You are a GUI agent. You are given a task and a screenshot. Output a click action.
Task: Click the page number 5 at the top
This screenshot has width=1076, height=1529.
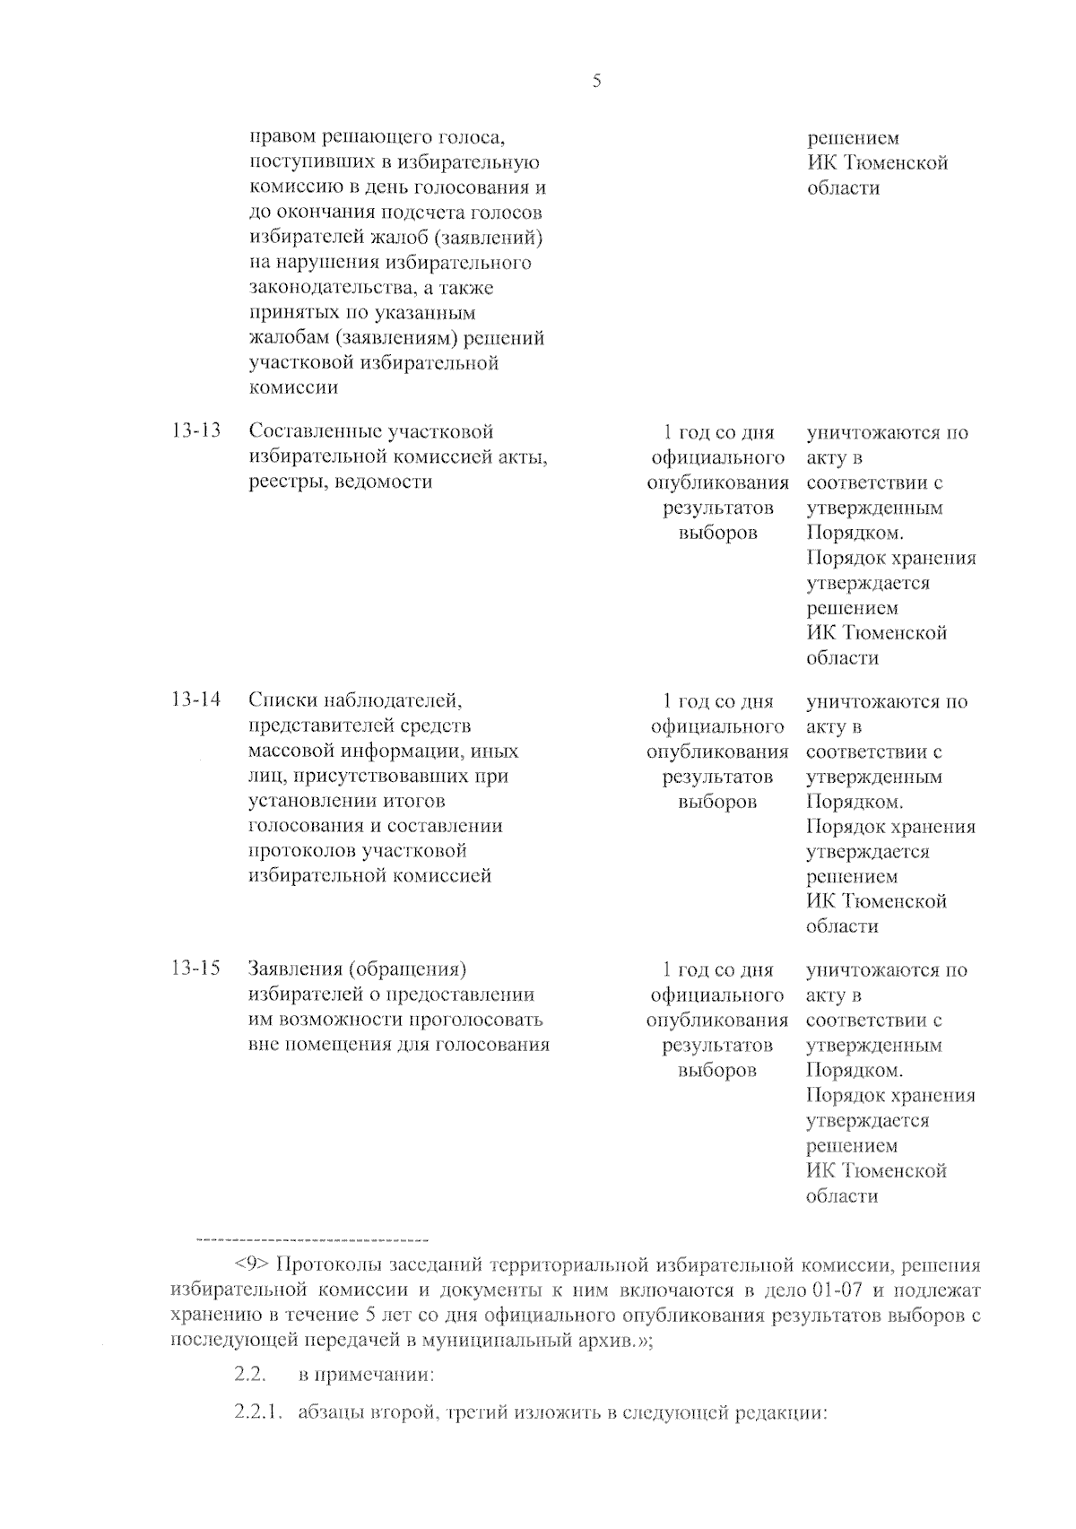[597, 82]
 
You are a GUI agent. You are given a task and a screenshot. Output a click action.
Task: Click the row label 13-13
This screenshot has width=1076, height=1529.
[195, 431]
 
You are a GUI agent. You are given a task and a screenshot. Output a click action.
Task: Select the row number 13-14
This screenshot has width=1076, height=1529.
[195, 700]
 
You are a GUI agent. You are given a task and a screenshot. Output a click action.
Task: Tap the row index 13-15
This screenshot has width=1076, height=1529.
[195, 969]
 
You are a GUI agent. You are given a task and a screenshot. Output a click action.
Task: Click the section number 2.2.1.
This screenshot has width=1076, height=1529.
[258, 1413]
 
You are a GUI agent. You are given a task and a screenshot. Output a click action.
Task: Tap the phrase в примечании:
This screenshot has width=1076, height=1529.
[366, 1375]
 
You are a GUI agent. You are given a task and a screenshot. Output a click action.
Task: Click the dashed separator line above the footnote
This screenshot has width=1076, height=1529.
[311, 1240]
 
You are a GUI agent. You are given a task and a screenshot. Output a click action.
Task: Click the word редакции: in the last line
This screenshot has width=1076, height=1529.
[779, 1413]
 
